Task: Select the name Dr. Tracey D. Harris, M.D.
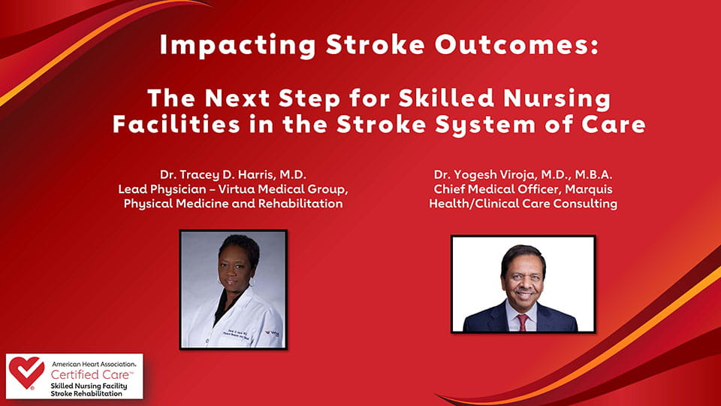pyautogui.click(x=234, y=174)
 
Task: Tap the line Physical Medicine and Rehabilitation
pyautogui.click(x=234, y=205)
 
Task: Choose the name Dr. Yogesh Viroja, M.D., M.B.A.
pyautogui.click(x=523, y=174)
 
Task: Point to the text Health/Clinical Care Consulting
pyautogui.click(x=523, y=205)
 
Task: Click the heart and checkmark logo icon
pyautogui.click(x=26, y=374)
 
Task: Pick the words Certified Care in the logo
pyautogui.click(x=81, y=374)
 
